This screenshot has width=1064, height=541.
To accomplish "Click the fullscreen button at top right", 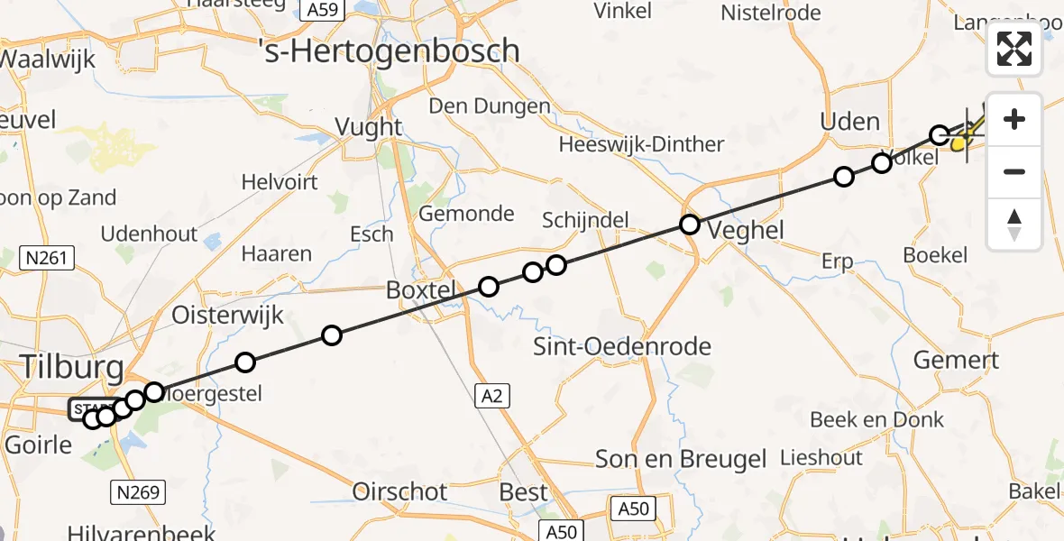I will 1014,49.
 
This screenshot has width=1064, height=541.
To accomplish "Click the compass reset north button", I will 1014,224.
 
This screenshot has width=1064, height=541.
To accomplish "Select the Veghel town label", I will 746,230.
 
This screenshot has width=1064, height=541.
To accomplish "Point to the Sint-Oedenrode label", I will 622,346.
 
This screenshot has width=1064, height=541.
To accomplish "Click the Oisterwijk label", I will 228,315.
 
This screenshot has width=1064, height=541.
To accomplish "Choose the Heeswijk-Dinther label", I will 641,144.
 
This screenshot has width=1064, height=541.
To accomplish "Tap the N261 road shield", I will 46,259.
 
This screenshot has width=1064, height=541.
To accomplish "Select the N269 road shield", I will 136,492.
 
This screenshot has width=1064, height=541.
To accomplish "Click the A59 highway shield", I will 322,10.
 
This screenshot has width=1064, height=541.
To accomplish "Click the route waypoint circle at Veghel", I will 690,225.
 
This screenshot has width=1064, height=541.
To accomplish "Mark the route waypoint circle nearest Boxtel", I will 489,287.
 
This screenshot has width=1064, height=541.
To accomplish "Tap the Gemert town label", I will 956,361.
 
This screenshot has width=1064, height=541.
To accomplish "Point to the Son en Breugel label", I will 681,458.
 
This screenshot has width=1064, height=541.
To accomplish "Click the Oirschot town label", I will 399,491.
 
